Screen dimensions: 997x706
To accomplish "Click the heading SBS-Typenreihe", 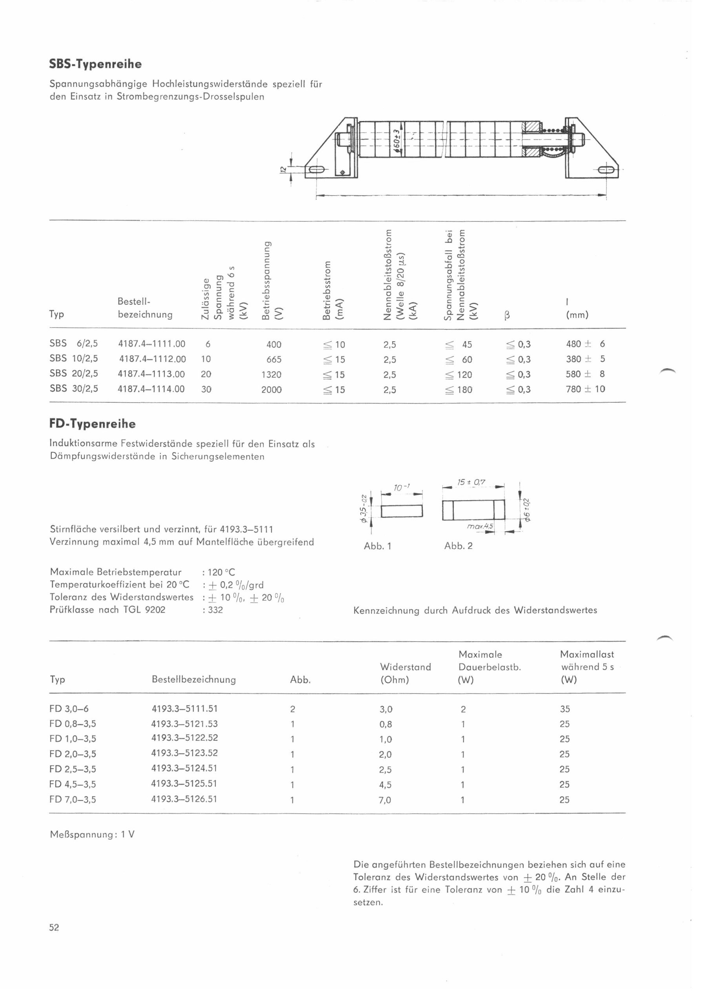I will (96, 64).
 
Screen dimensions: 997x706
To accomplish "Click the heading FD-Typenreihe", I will (93, 424).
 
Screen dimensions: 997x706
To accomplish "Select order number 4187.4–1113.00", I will (151, 374).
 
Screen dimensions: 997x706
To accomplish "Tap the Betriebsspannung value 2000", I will (271, 389).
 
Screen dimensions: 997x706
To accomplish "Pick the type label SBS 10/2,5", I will (74, 359).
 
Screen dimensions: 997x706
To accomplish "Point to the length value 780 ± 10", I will (585, 389).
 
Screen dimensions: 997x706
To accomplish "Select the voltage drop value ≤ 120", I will (459, 374).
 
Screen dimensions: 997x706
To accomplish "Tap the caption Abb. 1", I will (377, 546).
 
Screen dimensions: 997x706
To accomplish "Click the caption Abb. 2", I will (458, 546).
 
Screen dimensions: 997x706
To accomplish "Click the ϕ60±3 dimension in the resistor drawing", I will (397, 138).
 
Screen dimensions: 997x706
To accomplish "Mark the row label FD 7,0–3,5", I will (73, 800).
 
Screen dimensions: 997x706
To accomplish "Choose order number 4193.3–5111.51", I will (184, 709).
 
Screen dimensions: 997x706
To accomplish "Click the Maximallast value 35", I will (565, 709).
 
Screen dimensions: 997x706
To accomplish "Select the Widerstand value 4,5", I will (385, 785).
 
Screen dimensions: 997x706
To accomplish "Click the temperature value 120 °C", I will (222, 572).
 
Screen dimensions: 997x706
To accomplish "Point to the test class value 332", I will (215, 610).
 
